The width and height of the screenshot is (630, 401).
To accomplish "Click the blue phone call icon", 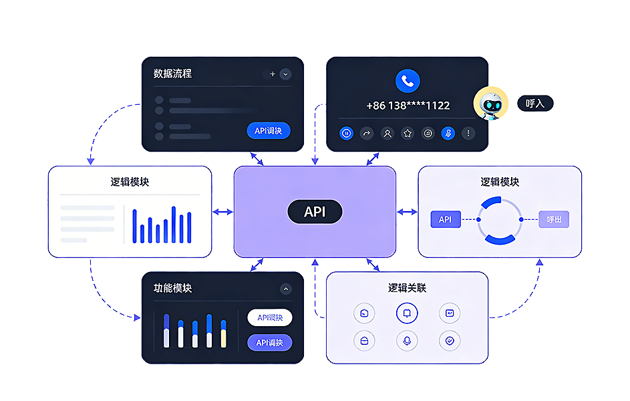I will pyautogui.click(x=407, y=81).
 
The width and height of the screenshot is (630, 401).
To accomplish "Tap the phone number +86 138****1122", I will pyautogui.click(x=408, y=106).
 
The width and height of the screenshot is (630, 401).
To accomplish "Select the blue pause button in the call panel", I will pyautogui.click(x=346, y=133).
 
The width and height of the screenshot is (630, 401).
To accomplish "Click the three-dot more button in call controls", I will pyautogui.click(x=468, y=133).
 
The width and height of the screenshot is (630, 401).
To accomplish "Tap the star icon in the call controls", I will pyautogui.click(x=408, y=133).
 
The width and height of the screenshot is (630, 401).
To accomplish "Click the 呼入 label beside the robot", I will pyautogui.click(x=535, y=104).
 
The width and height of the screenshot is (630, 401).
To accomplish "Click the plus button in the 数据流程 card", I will pyautogui.click(x=272, y=74).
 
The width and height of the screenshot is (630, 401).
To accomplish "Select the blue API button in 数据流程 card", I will pyautogui.click(x=269, y=130).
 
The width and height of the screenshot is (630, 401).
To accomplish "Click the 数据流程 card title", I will pyautogui.click(x=172, y=74).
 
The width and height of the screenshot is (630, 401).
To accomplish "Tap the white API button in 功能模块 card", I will pyautogui.click(x=270, y=317).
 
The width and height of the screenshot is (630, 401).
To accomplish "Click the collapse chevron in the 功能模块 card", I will pyautogui.click(x=285, y=289).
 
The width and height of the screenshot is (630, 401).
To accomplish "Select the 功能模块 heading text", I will pyautogui.click(x=172, y=288).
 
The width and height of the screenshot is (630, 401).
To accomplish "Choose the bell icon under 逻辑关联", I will pyautogui.click(x=407, y=313).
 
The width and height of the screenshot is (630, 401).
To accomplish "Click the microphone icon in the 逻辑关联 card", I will pyautogui.click(x=407, y=340).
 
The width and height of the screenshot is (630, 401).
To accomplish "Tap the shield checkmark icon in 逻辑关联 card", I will pyautogui.click(x=450, y=340).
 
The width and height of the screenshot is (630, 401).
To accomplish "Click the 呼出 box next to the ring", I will pyautogui.click(x=554, y=219).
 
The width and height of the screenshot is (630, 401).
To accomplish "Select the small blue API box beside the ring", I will pyautogui.click(x=445, y=219).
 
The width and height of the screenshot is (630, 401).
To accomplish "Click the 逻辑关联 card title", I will pyautogui.click(x=407, y=288).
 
